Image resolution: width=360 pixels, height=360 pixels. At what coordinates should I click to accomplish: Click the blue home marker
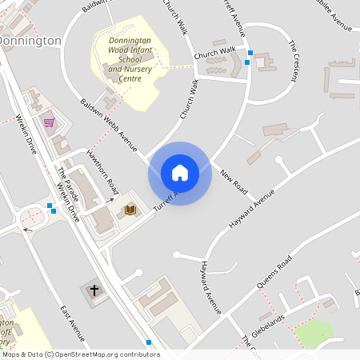180,173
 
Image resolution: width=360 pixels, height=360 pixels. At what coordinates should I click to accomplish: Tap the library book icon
130,210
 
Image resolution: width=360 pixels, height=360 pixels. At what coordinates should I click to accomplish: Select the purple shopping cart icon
50,122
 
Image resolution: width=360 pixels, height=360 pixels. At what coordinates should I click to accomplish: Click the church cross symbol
94,290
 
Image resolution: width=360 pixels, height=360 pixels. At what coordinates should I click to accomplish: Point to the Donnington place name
30,40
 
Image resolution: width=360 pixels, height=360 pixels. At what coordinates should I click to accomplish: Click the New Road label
234,181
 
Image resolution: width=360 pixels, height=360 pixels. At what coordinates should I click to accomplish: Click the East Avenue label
72,322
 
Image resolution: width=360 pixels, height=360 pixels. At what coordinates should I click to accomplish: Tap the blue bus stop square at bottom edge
149,342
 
